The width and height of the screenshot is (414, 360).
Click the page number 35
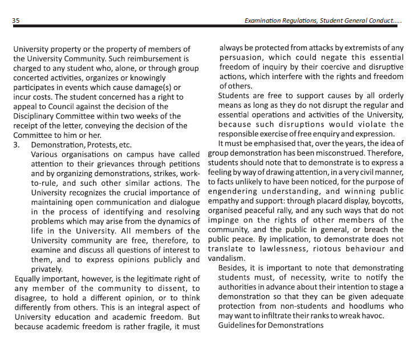tap(15, 20)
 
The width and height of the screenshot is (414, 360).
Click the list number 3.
tap(16, 145)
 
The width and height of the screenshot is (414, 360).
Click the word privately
tap(47, 269)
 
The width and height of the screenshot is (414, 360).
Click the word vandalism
tap(226, 259)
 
